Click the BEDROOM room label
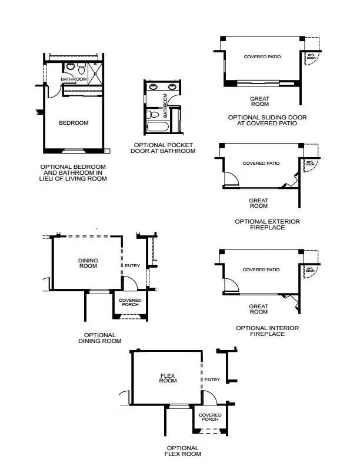tap(74, 123)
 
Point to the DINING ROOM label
tap(88, 263)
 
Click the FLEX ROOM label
tap(168, 378)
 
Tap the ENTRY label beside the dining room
tap(132, 265)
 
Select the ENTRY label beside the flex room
tap(212, 380)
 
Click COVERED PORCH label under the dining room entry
tap(130, 302)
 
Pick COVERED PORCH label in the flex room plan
tap(209, 417)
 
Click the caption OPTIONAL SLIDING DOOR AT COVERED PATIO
tap(267, 121)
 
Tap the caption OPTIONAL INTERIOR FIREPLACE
tap(267, 331)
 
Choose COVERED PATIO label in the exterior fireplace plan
tap(261, 163)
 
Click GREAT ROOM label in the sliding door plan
tap(259, 102)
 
